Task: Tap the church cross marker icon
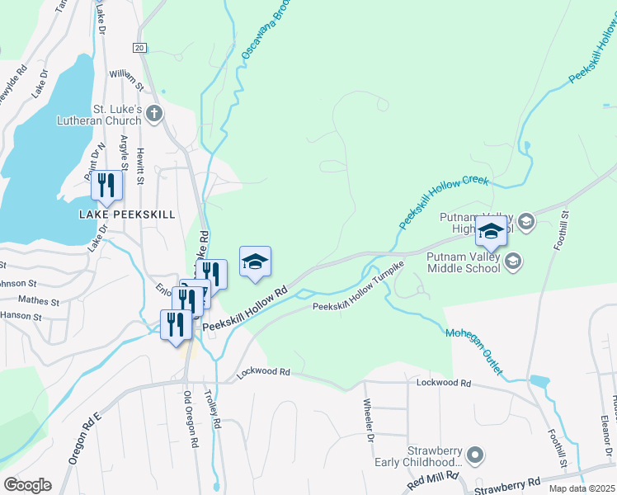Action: pyautogui.click(x=153, y=114)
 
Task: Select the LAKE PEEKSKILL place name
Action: pyautogui.click(x=127, y=214)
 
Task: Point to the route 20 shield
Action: pyautogui.click(x=139, y=48)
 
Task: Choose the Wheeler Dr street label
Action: pyautogui.click(x=369, y=420)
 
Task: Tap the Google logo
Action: pyautogui.click(x=27, y=485)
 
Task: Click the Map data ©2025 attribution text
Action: pyautogui.click(x=582, y=488)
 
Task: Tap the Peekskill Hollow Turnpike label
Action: pyautogui.click(x=358, y=288)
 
